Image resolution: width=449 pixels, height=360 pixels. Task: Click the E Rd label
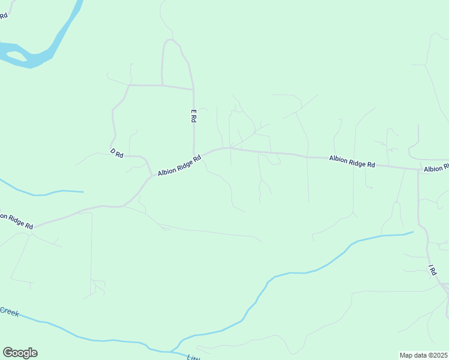click(x=193, y=116)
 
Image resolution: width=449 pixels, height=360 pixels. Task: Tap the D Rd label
click(x=116, y=154)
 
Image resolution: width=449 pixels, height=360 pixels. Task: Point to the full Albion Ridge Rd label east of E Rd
click(x=352, y=161)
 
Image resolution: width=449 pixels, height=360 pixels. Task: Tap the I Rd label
click(x=432, y=270)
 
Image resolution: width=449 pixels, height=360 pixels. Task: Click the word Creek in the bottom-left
click(x=9, y=311)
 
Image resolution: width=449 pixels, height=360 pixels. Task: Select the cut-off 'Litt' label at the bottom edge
click(x=192, y=357)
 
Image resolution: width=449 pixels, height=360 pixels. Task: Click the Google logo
click(x=20, y=353)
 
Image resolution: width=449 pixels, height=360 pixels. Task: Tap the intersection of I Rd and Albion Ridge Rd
click(x=418, y=170)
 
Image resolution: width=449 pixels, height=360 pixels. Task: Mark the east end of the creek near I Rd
click(x=412, y=232)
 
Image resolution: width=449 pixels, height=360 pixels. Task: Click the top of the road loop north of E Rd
click(x=171, y=40)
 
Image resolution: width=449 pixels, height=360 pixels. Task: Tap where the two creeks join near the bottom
click(x=171, y=350)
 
